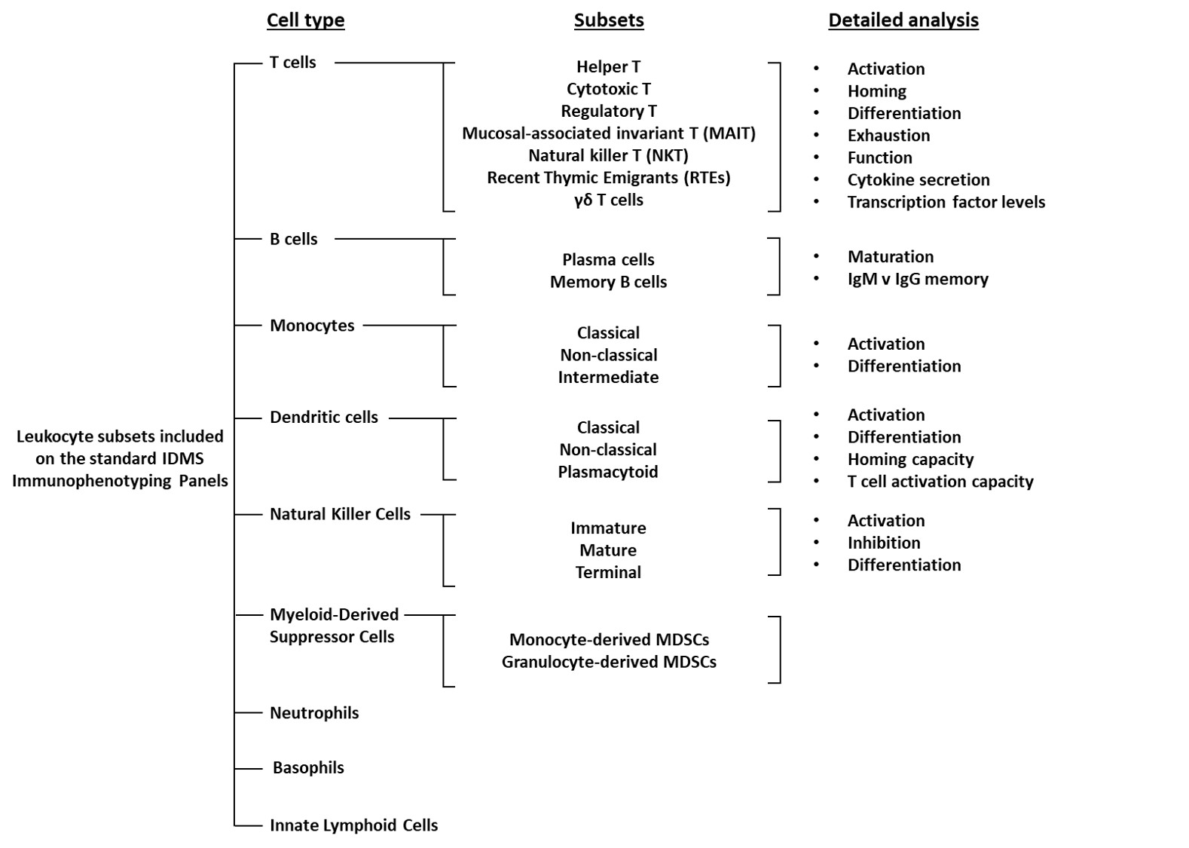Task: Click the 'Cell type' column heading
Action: [305, 20]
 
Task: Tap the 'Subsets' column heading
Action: [609, 20]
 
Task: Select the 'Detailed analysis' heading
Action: [903, 20]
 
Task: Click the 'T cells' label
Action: [292, 63]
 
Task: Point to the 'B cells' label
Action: [293, 239]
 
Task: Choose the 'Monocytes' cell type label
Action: [312, 326]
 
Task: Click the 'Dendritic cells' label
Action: [324, 418]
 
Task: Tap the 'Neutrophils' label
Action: [314, 713]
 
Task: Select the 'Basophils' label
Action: [308, 768]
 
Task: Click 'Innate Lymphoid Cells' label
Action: [353, 825]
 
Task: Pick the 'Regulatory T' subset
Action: [609, 112]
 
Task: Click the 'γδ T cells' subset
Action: [609, 200]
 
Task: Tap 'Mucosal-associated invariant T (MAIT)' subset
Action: [609, 133]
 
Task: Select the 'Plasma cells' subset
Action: [609, 260]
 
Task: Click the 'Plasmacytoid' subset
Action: [608, 472]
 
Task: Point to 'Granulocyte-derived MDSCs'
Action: [609, 662]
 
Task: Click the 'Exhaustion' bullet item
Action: [888, 136]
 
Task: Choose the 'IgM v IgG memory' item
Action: [918, 279]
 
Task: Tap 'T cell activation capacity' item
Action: [940, 482]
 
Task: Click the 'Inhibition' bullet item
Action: [884, 543]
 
